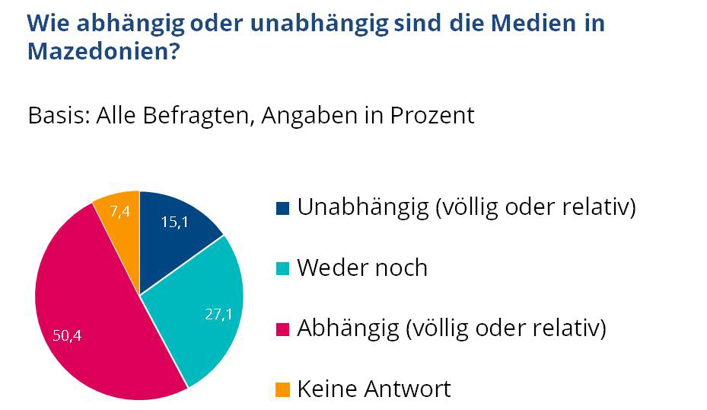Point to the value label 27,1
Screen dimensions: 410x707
[218, 314]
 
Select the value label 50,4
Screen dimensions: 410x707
[67, 336]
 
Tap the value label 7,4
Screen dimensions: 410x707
[120, 212]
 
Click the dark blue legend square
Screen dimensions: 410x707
[282, 207]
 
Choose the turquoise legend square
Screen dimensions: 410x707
[282, 268]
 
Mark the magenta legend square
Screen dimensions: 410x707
[282, 329]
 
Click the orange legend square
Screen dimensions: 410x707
[282, 390]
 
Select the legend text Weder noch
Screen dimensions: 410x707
[362, 268]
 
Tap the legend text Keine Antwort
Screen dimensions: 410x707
[374, 389]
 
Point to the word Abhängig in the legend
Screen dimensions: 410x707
[348, 329]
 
